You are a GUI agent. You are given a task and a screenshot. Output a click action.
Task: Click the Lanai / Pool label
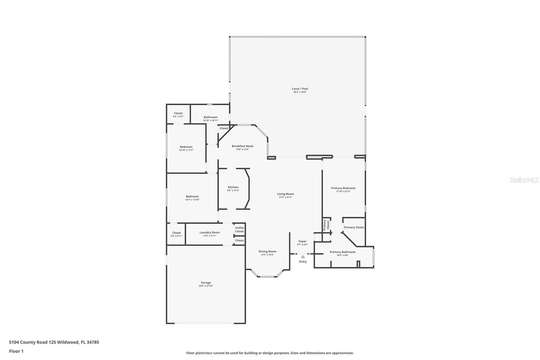(300, 89)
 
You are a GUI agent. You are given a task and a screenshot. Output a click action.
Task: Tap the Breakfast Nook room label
(242, 146)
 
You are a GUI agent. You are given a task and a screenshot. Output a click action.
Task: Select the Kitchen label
(233, 187)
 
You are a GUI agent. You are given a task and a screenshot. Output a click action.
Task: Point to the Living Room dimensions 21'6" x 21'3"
(285, 197)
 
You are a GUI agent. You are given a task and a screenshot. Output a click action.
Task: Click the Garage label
(206, 283)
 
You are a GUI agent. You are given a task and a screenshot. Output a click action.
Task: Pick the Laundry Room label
(209, 232)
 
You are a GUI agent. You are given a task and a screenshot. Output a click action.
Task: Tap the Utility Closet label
(239, 230)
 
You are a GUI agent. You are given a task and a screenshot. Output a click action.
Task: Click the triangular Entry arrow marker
(303, 257)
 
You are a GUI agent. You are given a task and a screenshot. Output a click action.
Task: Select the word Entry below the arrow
(303, 262)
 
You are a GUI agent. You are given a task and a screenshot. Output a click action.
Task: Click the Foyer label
(302, 241)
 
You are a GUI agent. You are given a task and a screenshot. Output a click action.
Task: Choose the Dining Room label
(267, 251)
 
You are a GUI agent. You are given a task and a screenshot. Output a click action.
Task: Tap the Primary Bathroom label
(342, 252)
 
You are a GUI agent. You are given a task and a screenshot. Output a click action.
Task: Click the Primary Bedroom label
(343, 188)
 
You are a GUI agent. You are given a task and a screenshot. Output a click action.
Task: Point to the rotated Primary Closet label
(326, 225)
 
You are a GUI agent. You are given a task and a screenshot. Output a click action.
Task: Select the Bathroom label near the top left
(210, 117)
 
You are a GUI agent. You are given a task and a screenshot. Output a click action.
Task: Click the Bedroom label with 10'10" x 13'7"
(186, 147)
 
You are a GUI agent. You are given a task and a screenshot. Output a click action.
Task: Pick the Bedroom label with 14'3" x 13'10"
(192, 197)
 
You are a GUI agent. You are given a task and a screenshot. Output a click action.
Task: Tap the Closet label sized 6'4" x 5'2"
(178, 113)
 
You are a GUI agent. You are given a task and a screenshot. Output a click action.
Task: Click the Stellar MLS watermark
(524, 180)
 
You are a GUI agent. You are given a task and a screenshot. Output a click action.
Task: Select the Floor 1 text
(16, 351)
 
